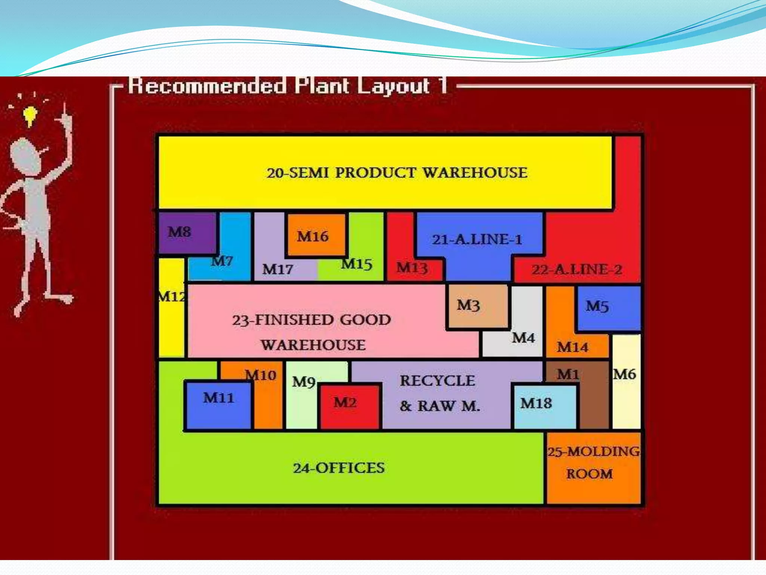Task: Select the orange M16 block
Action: tap(316, 235)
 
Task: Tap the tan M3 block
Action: tap(477, 305)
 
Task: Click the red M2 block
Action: tap(349, 406)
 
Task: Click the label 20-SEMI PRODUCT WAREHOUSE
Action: tap(397, 173)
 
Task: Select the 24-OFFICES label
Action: tap(338, 468)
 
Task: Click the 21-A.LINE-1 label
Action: tap(477, 240)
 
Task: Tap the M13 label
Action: tap(412, 268)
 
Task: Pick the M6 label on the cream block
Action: tap(624, 374)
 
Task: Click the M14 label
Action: tap(572, 347)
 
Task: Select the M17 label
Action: tap(278, 269)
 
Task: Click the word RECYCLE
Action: tap(437, 381)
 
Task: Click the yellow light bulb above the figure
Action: tap(30, 115)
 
